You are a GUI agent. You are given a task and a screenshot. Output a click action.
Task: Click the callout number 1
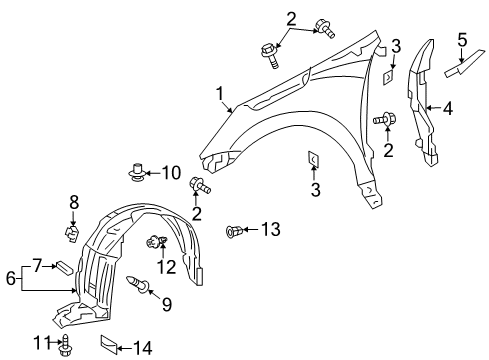(x=218, y=93)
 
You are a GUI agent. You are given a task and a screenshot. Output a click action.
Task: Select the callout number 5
(x=462, y=40)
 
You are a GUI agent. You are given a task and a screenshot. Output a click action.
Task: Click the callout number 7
(x=37, y=266)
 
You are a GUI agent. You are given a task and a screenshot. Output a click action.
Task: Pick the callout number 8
(x=73, y=202)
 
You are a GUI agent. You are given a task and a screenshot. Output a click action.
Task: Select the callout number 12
(x=167, y=266)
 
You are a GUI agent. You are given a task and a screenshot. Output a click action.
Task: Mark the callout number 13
(x=271, y=230)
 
